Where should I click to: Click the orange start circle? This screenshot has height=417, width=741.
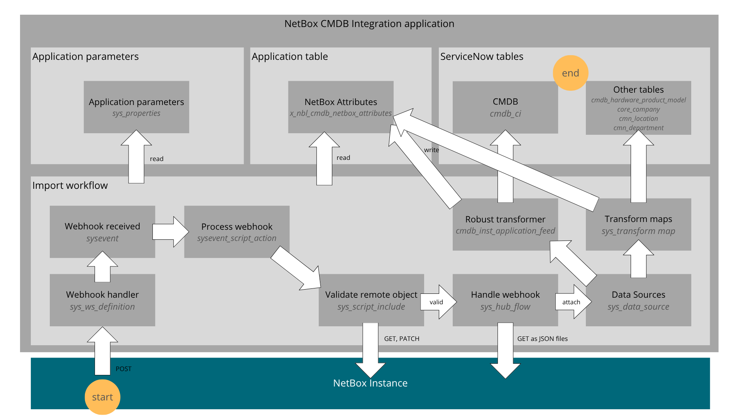tap(102, 397)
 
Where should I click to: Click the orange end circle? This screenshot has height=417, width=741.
tap(570, 73)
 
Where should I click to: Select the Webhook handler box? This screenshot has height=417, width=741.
tap(102, 300)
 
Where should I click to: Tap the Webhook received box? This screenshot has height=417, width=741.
tap(102, 232)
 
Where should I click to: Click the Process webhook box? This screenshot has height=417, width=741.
tap(237, 232)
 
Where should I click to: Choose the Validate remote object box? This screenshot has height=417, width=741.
tap(371, 300)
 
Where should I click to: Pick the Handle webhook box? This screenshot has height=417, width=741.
tap(505, 300)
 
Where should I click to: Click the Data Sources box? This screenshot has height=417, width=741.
tap(638, 300)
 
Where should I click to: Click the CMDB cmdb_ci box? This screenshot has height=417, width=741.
tap(505, 107)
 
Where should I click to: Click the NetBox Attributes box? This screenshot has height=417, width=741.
tap(340, 107)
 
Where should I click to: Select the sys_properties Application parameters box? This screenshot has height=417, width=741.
tap(136, 107)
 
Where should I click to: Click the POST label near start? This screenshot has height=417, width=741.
tap(123, 369)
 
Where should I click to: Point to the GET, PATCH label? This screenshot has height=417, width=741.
tap(401, 339)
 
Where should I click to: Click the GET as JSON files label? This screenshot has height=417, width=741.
tap(542, 339)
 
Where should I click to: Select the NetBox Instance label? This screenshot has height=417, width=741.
tap(370, 383)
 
